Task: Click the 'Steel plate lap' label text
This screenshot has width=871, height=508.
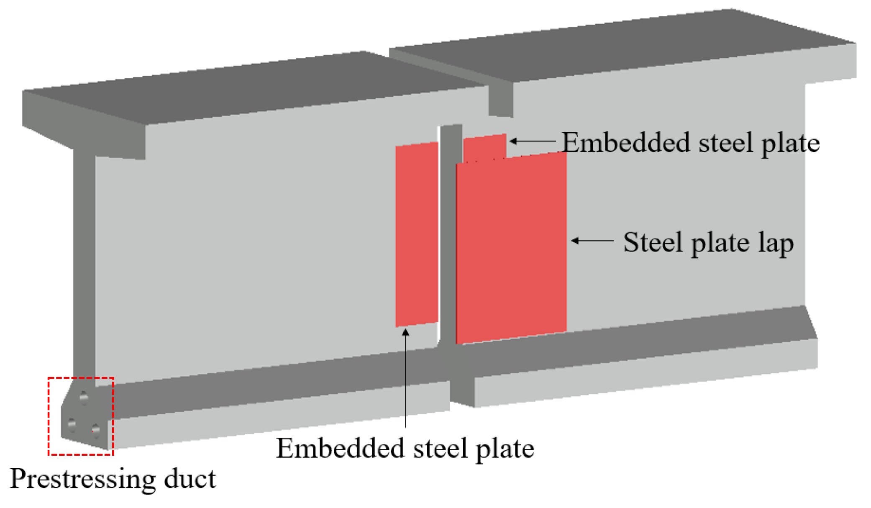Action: [x=708, y=242]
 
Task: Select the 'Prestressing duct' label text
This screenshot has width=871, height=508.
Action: [x=113, y=479]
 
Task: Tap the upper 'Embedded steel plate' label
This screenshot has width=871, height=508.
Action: [x=690, y=143]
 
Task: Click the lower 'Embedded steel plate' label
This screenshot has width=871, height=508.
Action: [x=405, y=449]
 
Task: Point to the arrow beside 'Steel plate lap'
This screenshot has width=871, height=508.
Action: [x=592, y=241]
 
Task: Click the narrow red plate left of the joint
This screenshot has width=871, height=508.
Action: [x=417, y=234]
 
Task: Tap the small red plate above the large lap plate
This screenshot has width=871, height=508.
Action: [x=484, y=147]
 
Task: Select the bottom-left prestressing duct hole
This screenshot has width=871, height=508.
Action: [x=72, y=425]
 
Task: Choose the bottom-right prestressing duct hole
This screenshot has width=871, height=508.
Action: [x=96, y=430]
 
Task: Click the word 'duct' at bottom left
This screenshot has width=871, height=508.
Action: [x=190, y=479]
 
